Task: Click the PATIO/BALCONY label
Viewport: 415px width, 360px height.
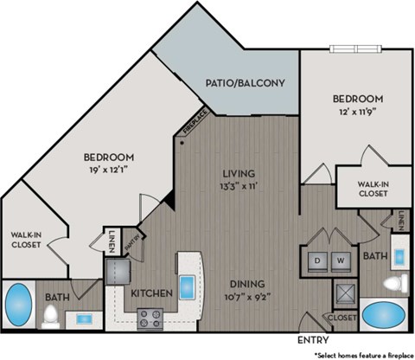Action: point(246,84)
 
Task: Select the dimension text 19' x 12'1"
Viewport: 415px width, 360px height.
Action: point(108,170)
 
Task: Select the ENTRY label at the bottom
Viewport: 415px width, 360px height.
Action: point(314,338)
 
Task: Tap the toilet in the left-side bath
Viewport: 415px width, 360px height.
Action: point(51,315)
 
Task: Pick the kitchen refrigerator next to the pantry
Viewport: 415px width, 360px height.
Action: point(118,273)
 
